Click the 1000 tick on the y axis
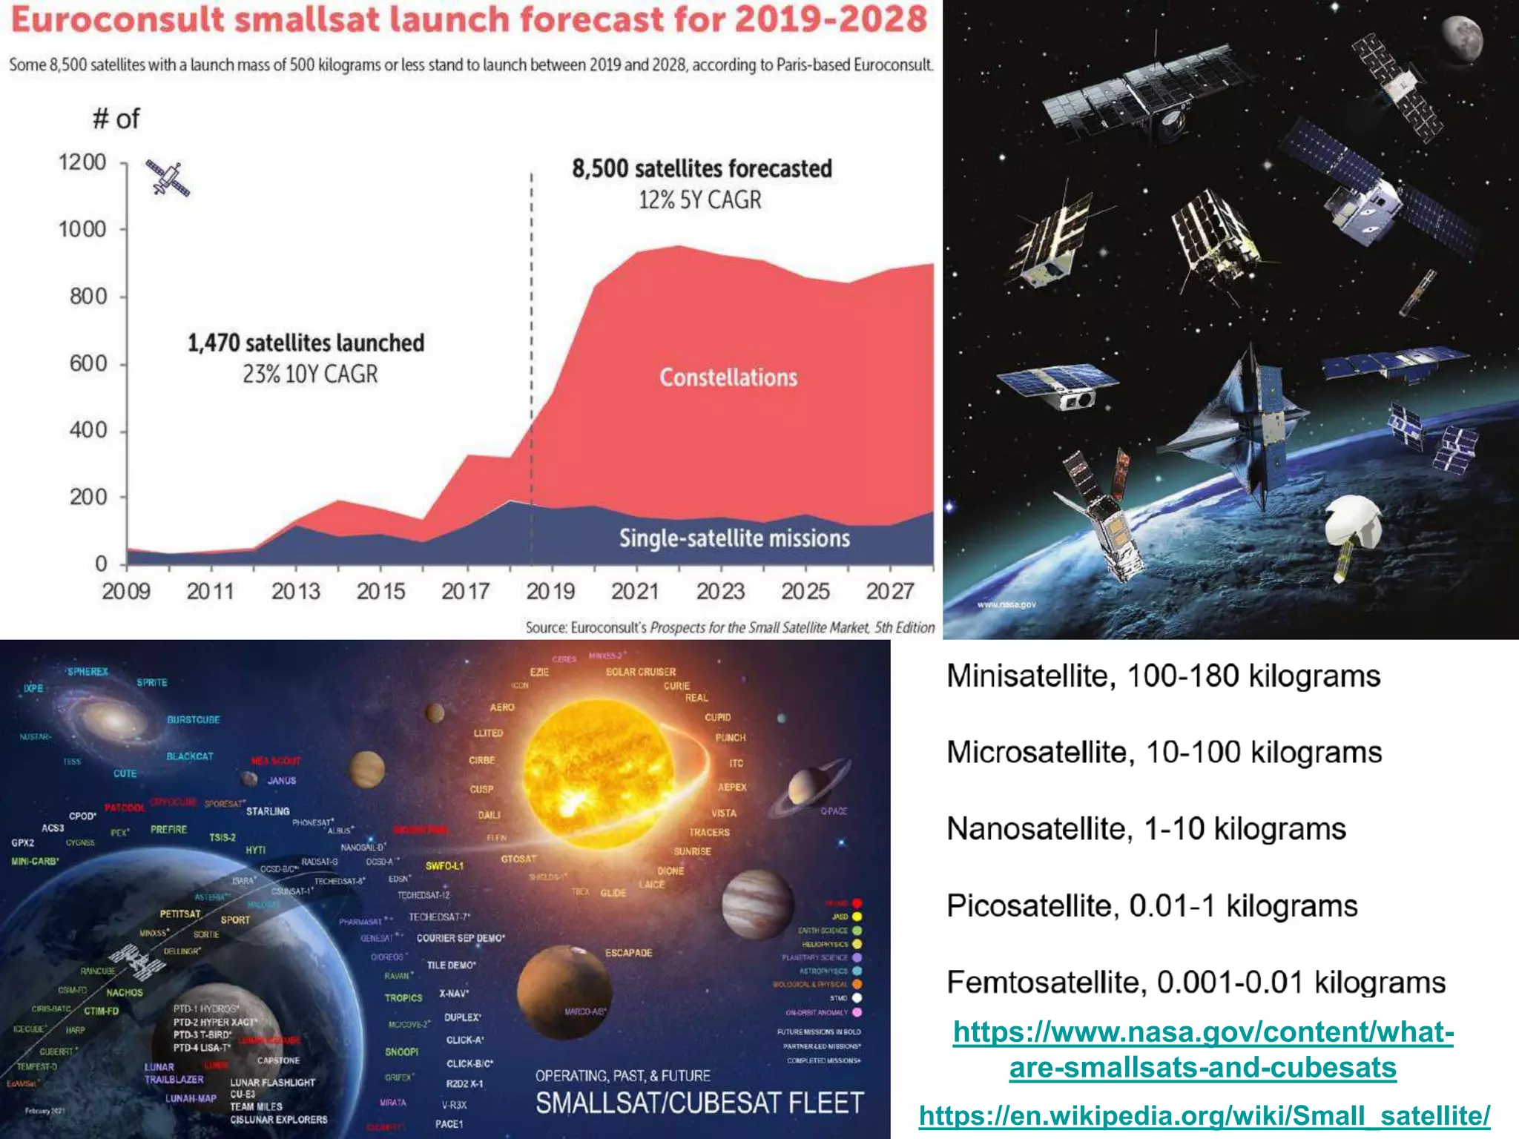83,229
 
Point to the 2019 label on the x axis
550,591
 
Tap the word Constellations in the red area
728,377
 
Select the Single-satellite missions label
734,538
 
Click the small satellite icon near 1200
168,179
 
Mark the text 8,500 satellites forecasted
702,169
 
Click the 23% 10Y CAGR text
310,374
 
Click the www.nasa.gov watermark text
1006,604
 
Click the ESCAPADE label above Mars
628,953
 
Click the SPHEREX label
88,672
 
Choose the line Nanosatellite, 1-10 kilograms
1146,829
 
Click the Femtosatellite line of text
1196,983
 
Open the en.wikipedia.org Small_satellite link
1204,1115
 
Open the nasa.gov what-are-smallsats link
1203,1049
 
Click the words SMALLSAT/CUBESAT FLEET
699,1103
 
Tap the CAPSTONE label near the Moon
278,1060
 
